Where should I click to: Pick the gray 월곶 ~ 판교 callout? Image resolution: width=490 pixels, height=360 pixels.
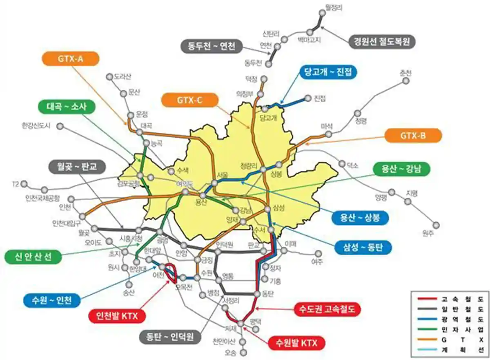tap(77, 167)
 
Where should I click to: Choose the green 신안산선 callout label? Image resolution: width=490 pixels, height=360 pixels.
tap(33, 257)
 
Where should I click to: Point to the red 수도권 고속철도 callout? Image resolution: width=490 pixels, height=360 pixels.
tap(328, 309)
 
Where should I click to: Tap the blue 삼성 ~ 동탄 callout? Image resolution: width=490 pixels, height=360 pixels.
tap(363, 247)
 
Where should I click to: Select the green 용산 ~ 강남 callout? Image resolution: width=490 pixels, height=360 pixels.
tap(402, 169)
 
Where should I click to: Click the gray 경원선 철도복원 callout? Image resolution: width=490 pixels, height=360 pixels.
tap(382, 41)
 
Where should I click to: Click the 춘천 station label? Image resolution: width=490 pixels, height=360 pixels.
tap(406, 73)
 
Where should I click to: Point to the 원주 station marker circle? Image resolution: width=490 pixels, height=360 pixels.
tap(436, 225)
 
